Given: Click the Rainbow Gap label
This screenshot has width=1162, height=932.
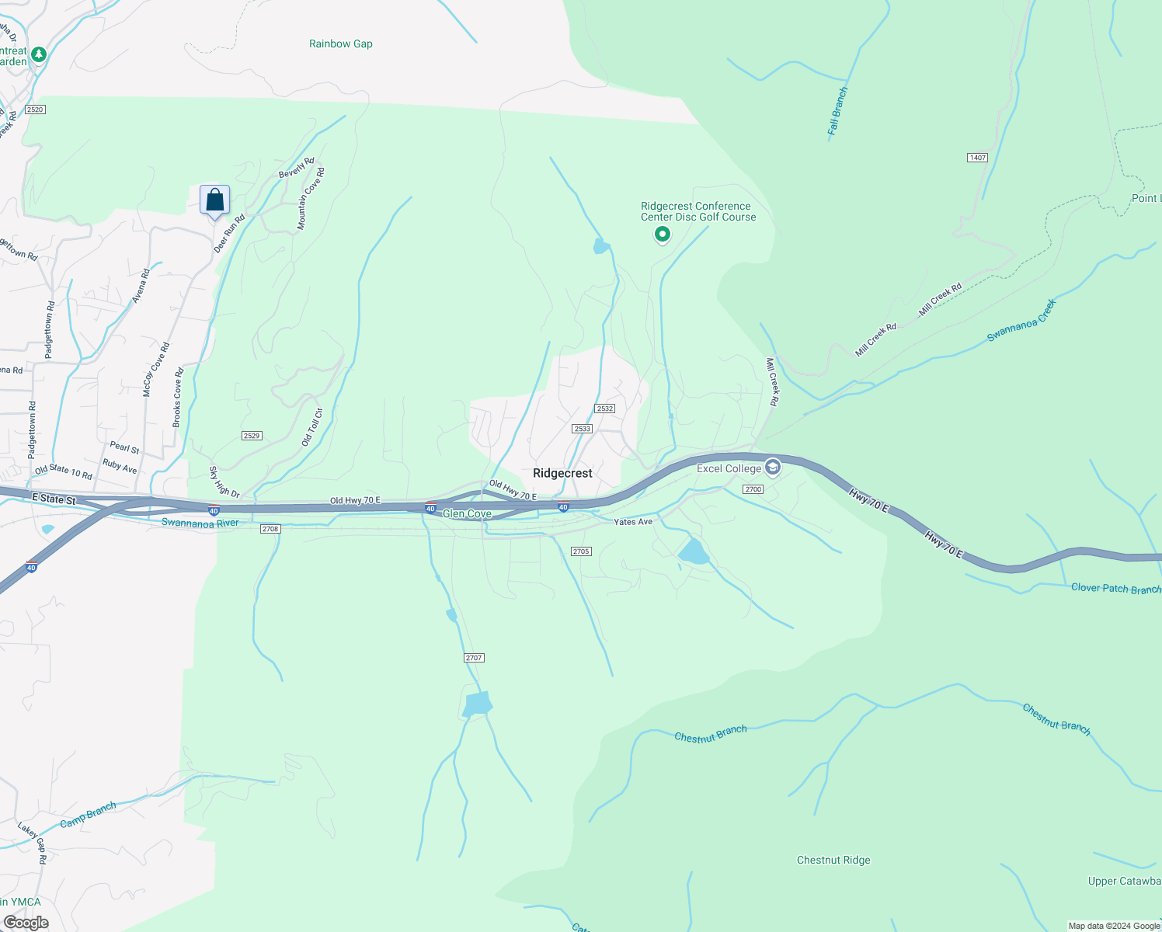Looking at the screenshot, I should pos(340,43).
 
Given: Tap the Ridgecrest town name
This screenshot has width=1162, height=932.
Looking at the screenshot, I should pos(562,473).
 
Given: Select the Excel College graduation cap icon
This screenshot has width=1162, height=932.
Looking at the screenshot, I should pos(772,468).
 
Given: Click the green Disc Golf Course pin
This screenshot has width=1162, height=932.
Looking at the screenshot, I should pos(663,234).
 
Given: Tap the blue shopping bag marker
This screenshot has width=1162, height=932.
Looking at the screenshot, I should pos(215,200).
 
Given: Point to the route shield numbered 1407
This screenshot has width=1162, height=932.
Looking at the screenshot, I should pos(977,158).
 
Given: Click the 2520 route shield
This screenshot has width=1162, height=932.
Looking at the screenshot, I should pos(35,110).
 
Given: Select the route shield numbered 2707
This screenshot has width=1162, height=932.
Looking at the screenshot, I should pos(474,658).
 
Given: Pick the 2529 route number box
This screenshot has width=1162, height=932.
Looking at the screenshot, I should pos(251,436).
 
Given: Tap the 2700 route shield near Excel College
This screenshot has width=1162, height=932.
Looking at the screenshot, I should pos(753,489).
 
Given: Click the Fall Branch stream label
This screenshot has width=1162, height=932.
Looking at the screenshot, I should pos(837,112).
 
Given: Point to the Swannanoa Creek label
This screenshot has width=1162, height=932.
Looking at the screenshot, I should pos(1021,321).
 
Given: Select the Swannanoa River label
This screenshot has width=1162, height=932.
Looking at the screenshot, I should pos(200,523).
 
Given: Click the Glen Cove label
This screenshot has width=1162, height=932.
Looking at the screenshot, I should pos(467,513).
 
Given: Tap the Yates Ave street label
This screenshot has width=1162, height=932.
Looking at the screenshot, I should pos(633,522).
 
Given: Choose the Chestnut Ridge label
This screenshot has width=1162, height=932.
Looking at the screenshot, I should pos(833,860).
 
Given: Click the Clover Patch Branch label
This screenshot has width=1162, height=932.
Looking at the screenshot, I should pos(1115,588).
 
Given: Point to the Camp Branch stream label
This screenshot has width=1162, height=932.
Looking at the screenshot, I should pos(88,814).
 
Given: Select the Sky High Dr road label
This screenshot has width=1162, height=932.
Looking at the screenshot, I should pos(224,482).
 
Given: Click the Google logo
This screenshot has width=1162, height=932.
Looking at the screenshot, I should pos(26,923).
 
